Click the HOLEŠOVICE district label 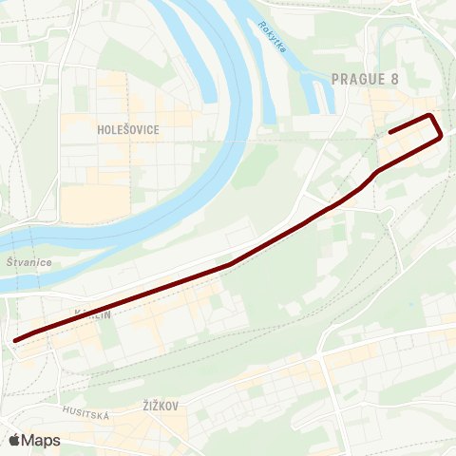click(127, 126)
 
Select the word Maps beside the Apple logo click(41, 440)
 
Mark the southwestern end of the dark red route click(15, 339)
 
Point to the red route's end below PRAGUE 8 click(390, 132)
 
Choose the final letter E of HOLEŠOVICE click(156, 126)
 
